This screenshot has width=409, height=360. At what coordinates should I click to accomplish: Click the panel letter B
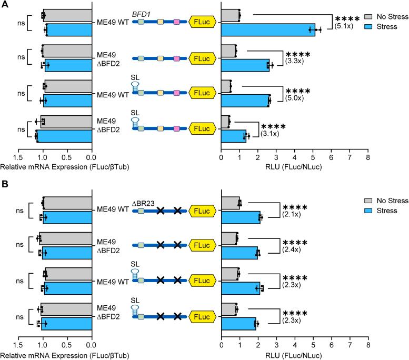click(4, 186)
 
